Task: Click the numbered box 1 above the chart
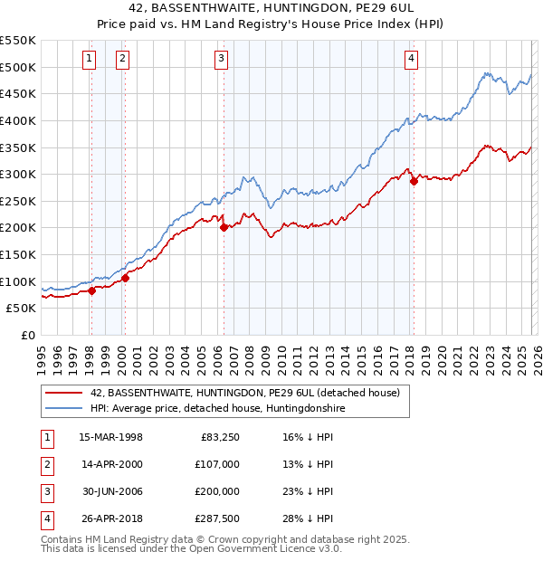(90, 60)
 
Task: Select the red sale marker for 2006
(223, 228)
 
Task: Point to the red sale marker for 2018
(414, 181)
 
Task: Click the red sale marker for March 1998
(91, 290)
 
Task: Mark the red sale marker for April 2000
(125, 278)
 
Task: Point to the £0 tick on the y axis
(26, 335)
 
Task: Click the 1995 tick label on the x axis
(42, 356)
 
